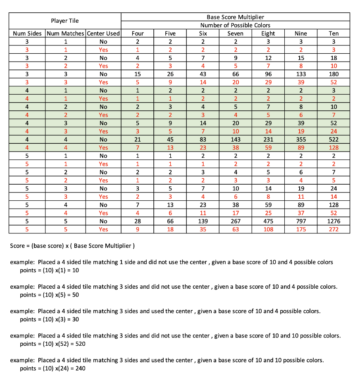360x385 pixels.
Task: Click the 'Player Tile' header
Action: click(x=65, y=21)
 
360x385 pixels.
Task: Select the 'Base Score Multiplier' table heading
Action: click(x=235, y=17)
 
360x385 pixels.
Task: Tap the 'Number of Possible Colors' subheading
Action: click(x=235, y=25)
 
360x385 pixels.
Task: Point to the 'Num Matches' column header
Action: click(x=65, y=33)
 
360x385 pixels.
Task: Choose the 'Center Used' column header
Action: click(x=103, y=33)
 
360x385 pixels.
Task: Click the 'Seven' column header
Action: click(x=236, y=33)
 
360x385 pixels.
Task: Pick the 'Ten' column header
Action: click(x=334, y=33)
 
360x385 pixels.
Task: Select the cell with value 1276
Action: click(x=334, y=221)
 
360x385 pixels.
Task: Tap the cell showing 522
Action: click(x=334, y=140)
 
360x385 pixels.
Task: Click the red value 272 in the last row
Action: click(x=334, y=230)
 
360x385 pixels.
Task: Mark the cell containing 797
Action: click(x=301, y=221)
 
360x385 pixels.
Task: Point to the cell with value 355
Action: click(x=301, y=140)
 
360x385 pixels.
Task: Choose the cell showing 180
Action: click(x=334, y=74)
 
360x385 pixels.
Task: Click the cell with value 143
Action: click(x=236, y=140)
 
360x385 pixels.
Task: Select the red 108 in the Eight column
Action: click(x=268, y=230)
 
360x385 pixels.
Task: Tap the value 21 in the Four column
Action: click(x=138, y=140)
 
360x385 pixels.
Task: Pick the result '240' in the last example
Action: click(x=80, y=368)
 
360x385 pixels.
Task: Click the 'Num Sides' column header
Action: click(x=27, y=33)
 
